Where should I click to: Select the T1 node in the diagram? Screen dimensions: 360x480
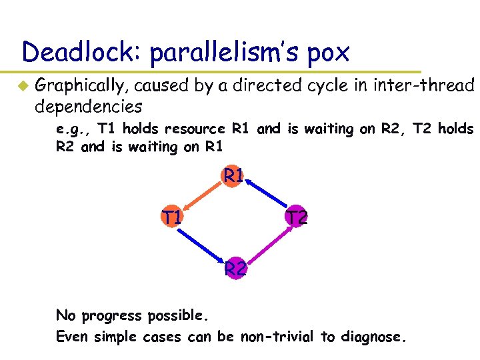tap(173, 217)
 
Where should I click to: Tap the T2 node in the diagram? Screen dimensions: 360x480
tap(295, 217)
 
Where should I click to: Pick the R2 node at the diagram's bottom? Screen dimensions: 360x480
tap(235, 269)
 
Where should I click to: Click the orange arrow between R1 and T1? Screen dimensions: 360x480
tap(203, 196)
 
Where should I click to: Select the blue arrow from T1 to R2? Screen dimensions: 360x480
tap(203, 243)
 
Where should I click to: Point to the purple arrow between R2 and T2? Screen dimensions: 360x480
tap(265, 243)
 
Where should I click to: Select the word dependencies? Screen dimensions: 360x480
tap(89, 106)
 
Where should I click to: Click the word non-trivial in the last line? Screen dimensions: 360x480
tap(280, 337)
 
